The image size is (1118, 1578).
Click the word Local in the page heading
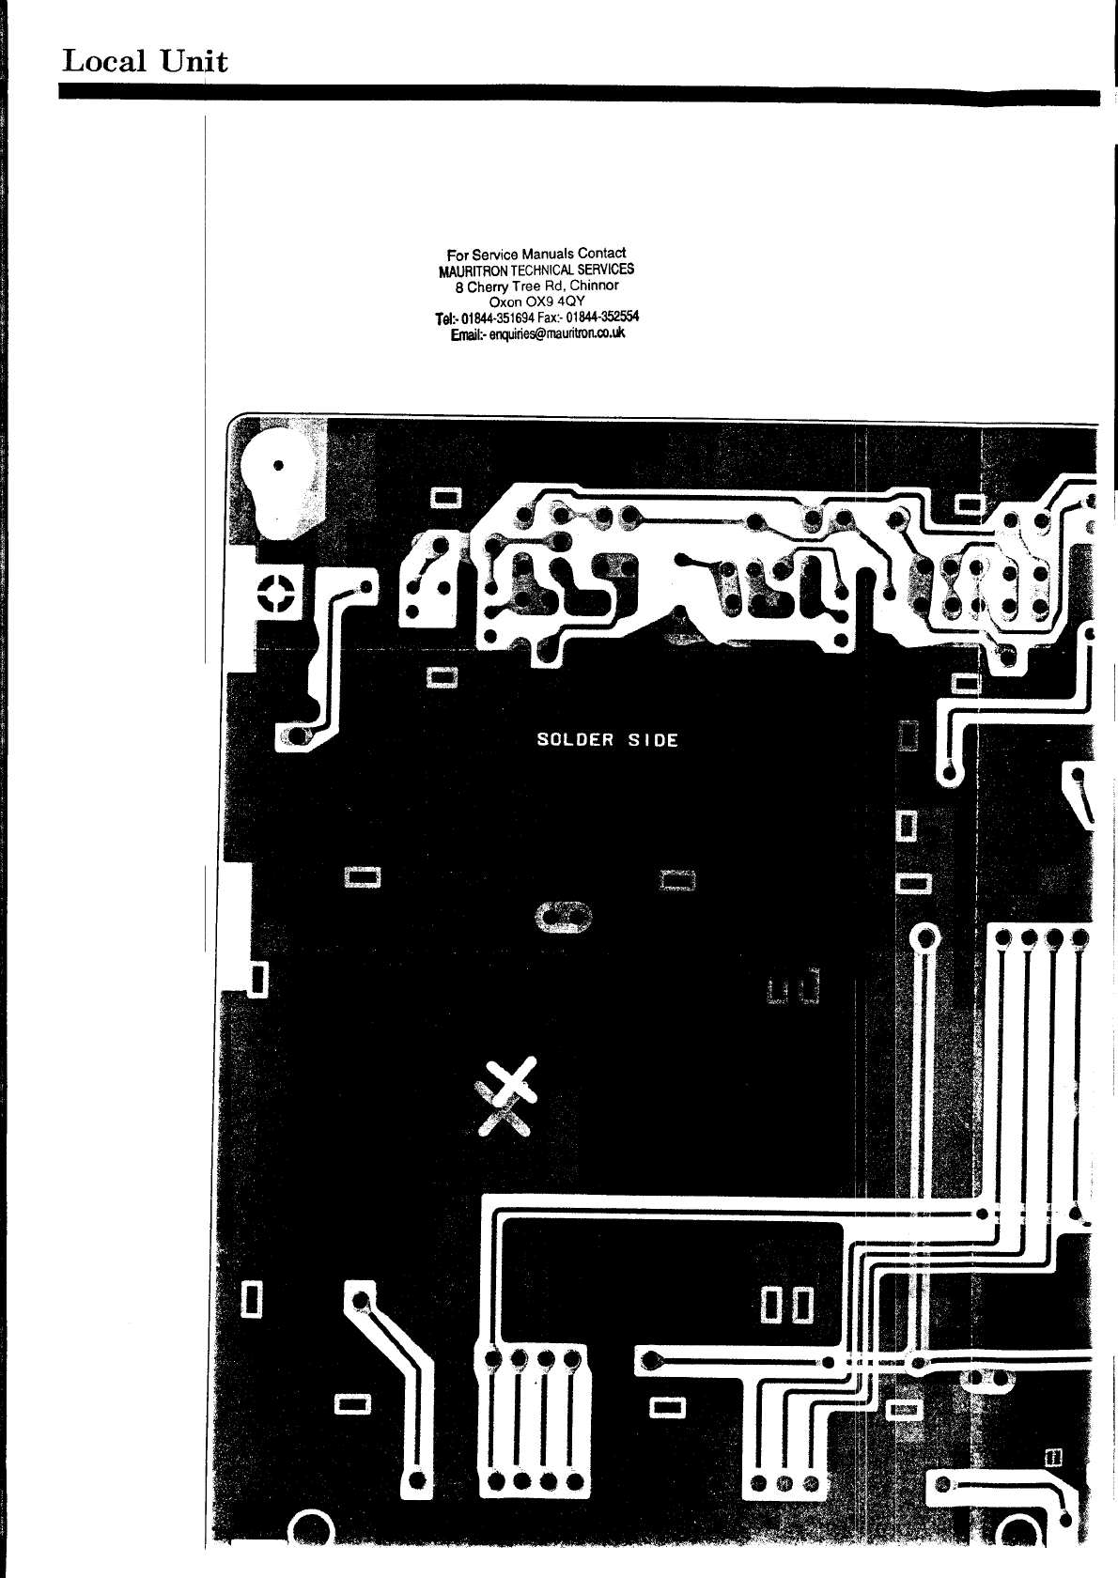coord(103,62)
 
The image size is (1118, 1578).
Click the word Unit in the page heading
coord(193,62)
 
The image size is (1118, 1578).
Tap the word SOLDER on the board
coord(574,739)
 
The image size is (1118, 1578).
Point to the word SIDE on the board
coord(653,739)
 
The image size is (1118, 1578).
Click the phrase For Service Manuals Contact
coord(536,254)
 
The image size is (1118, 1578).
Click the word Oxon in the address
coord(507,302)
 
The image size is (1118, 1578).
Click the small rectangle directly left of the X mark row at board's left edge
coord(258,979)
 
